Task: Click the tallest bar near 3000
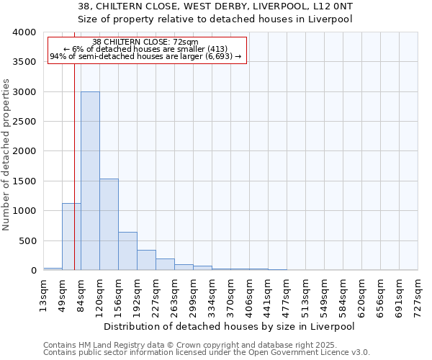90,181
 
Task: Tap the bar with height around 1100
71,237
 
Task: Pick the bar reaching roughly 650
127,251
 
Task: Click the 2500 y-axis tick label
24,122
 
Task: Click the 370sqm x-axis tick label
230,295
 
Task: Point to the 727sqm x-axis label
418,295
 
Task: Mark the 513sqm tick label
305,295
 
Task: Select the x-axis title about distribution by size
230,326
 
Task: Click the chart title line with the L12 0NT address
215,6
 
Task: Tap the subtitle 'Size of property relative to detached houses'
215,19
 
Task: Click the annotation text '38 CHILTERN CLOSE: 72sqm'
146,42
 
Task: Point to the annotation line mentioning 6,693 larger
146,57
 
